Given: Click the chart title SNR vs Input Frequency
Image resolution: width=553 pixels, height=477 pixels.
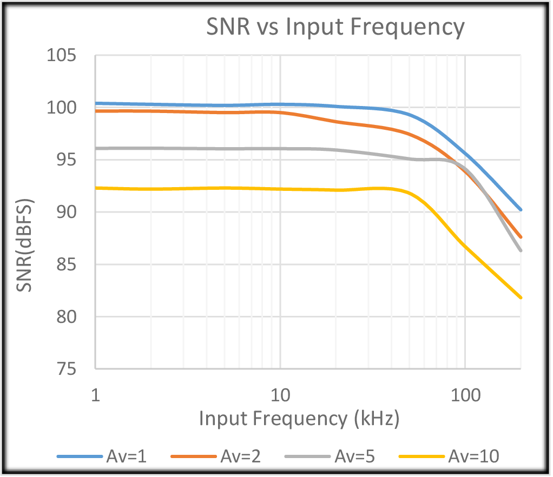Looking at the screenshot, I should pyautogui.click(x=335, y=27).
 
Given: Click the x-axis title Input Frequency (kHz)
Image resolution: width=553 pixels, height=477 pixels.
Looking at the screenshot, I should pyautogui.click(x=299, y=418).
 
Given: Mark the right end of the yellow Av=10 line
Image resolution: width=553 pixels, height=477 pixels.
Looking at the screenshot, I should pyautogui.click(x=521, y=297).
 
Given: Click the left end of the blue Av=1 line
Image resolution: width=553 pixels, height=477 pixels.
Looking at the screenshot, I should pyautogui.click(x=96, y=103).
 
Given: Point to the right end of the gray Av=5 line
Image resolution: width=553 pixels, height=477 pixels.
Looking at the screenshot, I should pyautogui.click(x=521, y=250).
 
